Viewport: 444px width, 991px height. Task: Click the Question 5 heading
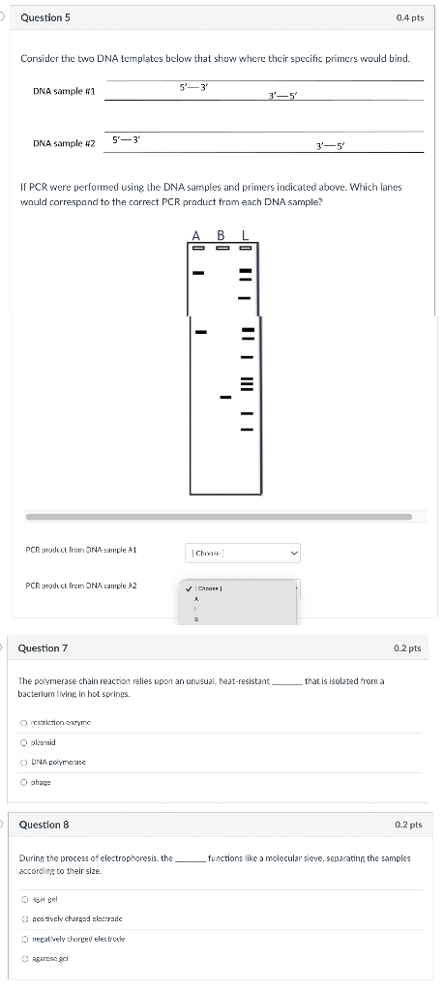[44, 17]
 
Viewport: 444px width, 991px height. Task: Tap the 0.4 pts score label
[409, 17]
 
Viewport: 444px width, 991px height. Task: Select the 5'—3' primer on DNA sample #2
[127, 139]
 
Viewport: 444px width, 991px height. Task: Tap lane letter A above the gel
[196, 235]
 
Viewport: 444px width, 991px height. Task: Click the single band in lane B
[224, 396]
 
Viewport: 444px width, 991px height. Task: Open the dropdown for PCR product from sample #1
[242, 553]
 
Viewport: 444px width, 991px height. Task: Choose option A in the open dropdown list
[197, 598]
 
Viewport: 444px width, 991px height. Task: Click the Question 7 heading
[44, 647]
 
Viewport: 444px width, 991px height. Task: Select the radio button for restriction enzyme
[24, 723]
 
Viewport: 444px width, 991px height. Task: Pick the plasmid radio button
[24, 742]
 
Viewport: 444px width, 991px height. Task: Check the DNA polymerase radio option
[24, 763]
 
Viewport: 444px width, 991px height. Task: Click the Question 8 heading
[44, 825]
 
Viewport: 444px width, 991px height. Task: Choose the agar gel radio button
[24, 899]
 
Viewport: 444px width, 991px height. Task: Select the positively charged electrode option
[24, 918]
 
